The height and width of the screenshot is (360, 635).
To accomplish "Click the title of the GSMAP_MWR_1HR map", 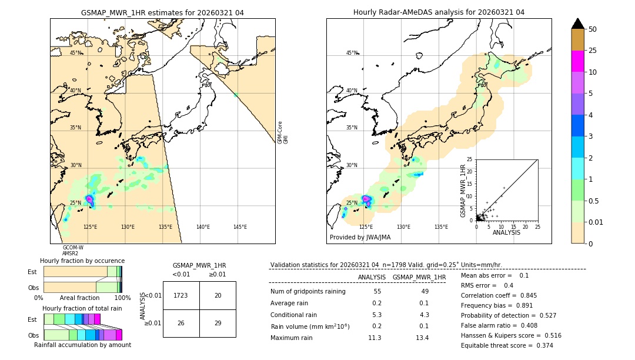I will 162,12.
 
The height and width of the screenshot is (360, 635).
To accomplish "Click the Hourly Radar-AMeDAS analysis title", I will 439,12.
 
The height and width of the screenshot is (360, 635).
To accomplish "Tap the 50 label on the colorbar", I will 593,29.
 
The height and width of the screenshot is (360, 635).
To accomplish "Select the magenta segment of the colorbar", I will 578,61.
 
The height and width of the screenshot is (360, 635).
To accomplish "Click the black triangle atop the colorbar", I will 578,24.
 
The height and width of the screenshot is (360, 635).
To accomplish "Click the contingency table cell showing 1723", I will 181,295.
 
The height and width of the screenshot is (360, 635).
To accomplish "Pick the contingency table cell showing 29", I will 218,323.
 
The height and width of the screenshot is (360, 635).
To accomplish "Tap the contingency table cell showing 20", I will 218,295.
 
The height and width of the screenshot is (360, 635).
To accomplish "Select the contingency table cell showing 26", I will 181,323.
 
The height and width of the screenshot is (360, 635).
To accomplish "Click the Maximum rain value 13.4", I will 422,338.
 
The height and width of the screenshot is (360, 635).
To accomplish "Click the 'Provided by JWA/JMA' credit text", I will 360,237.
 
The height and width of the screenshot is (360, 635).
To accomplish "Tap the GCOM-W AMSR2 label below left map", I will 73,251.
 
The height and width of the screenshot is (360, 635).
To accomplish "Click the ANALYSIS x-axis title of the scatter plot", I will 506,232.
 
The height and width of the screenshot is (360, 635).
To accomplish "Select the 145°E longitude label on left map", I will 240,227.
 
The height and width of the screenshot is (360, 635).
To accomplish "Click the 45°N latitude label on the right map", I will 352,53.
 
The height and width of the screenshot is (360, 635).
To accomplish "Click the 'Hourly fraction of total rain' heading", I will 82,308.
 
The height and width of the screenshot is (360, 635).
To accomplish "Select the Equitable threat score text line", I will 507,345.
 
